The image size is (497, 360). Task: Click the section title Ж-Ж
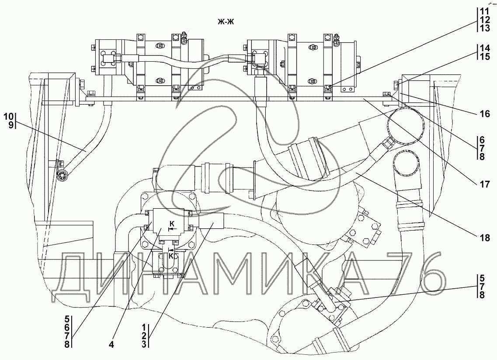click(x=226, y=21)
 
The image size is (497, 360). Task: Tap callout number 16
click(x=485, y=114)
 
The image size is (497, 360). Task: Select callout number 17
click(x=485, y=184)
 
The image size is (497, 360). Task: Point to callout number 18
click(x=485, y=238)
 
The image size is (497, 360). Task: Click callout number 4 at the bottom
click(x=111, y=344)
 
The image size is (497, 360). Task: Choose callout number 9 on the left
click(x=11, y=125)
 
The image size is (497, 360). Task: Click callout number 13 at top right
click(x=485, y=28)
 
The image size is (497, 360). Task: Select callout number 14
click(x=485, y=48)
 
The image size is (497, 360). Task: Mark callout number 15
click(x=485, y=56)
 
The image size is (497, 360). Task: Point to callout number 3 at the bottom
click(x=144, y=344)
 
